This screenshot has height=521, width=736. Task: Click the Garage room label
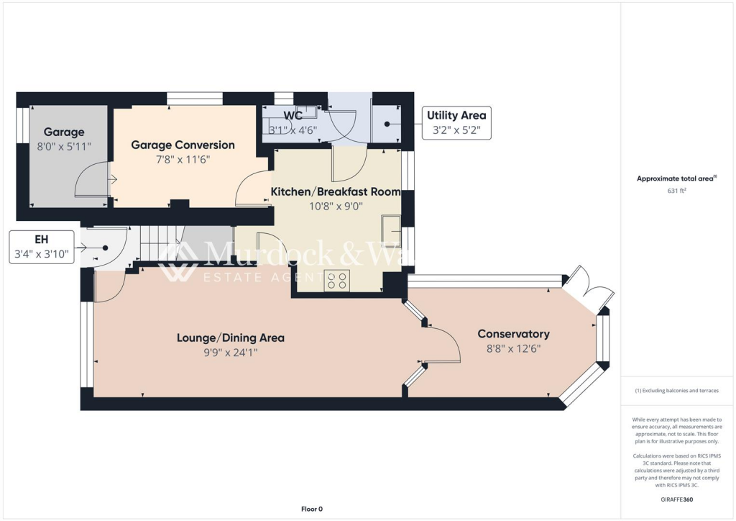(64, 132)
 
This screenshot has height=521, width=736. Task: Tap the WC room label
(293, 115)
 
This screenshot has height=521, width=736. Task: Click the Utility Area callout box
(456, 123)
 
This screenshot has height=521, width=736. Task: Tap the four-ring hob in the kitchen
(337, 281)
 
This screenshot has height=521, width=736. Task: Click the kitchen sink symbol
(391, 227)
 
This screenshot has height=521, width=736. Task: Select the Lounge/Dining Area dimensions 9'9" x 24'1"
(231, 353)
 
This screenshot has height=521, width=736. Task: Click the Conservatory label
(513, 334)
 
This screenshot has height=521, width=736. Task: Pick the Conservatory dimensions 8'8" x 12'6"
(513, 348)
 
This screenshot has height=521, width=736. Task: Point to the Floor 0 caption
(311, 509)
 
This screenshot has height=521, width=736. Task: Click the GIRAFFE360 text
(676, 499)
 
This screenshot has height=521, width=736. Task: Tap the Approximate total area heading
(676, 178)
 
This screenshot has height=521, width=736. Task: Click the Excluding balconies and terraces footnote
(676, 391)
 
